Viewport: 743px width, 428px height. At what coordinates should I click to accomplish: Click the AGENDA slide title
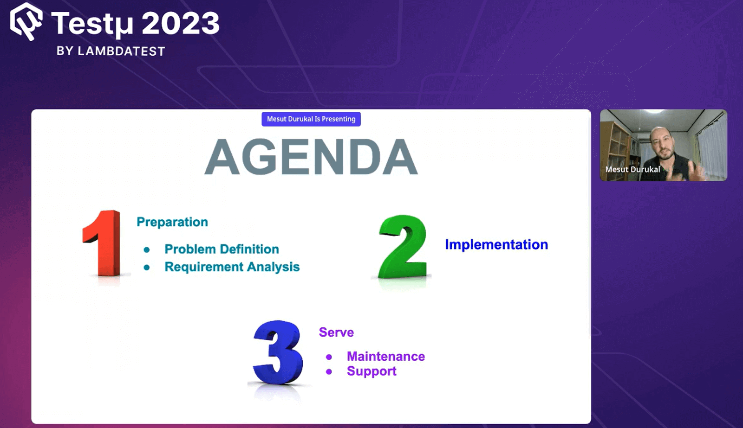pyautogui.click(x=311, y=156)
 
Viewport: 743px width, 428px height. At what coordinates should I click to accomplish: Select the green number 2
pyautogui.click(x=403, y=247)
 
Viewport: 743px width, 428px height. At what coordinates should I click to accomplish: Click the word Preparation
pyautogui.click(x=172, y=222)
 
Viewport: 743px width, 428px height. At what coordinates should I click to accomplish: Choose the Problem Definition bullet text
pyautogui.click(x=222, y=249)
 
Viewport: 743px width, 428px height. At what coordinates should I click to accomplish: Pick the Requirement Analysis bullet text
pyautogui.click(x=232, y=267)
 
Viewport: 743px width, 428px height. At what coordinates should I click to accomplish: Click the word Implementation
pyautogui.click(x=496, y=245)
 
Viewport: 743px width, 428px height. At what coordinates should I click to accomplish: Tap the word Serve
pyautogui.click(x=336, y=332)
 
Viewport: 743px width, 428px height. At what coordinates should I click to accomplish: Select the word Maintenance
pyautogui.click(x=386, y=357)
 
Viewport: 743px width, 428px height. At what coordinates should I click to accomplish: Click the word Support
pyautogui.click(x=371, y=371)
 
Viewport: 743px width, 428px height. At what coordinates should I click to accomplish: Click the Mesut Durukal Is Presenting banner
pyautogui.click(x=311, y=119)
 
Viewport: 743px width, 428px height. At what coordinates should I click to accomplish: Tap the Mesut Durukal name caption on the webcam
pyautogui.click(x=632, y=170)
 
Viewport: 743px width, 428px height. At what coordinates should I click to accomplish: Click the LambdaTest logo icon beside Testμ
pyautogui.click(x=26, y=21)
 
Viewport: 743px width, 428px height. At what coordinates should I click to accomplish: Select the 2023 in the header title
pyautogui.click(x=181, y=23)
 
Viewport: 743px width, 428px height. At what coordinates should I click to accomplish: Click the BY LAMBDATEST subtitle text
pyautogui.click(x=111, y=51)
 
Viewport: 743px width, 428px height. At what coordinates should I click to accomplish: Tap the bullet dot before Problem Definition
pyautogui.click(x=147, y=250)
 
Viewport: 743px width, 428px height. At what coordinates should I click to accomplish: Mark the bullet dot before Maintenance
pyautogui.click(x=329, y=357)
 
